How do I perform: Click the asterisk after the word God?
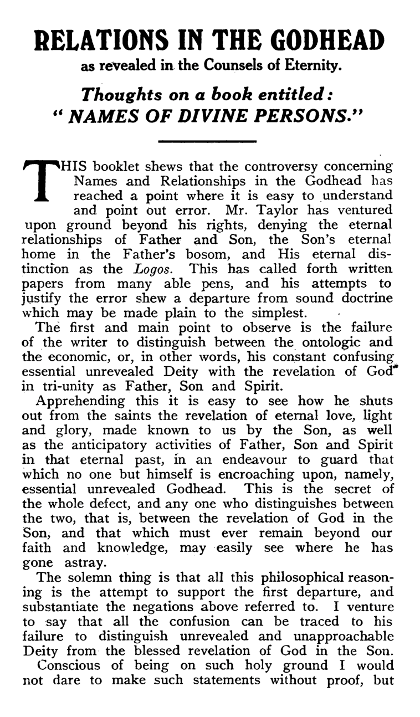point(390,367)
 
